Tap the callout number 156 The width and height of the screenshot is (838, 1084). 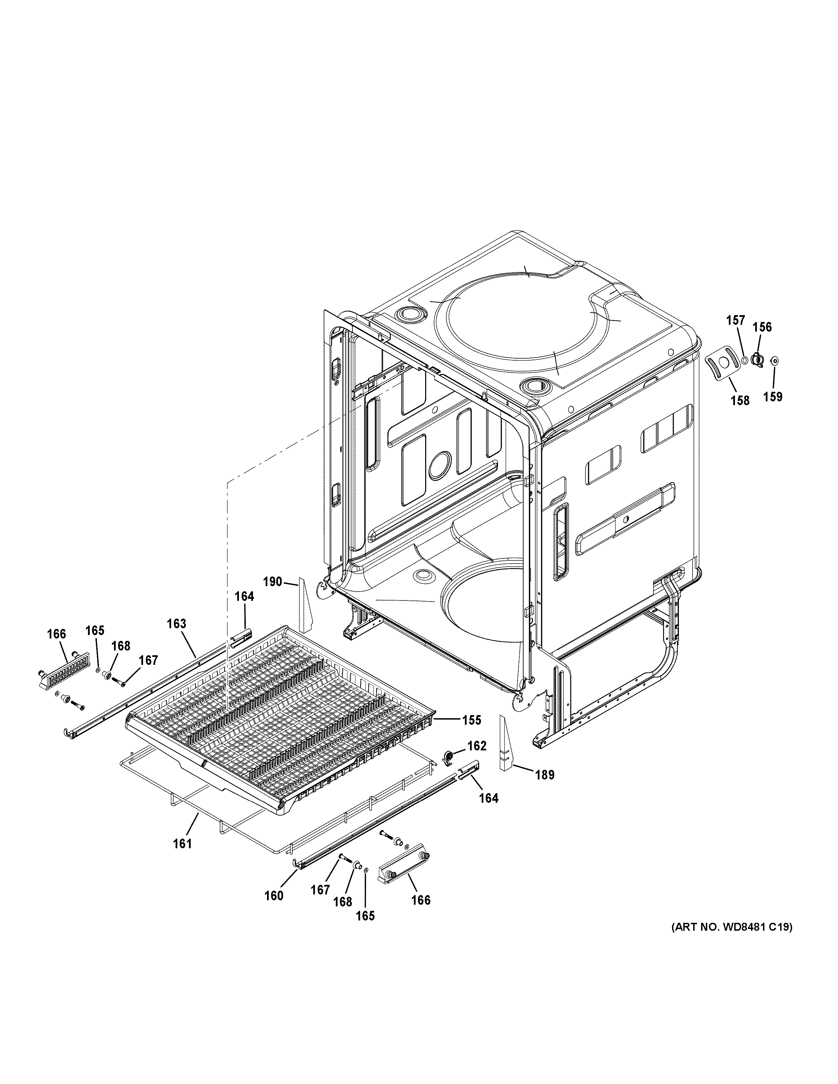[x=762, y=326]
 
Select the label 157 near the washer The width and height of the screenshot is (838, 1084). [x=736, y=321]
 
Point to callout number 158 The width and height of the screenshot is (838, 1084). [x=740, y=400]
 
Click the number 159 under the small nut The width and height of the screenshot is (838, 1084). [x=773, y=396]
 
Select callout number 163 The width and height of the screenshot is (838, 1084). [x=176, y=623]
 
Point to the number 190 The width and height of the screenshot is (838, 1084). [x=272, y=582]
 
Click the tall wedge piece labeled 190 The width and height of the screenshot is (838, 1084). [x=304, y=607]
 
